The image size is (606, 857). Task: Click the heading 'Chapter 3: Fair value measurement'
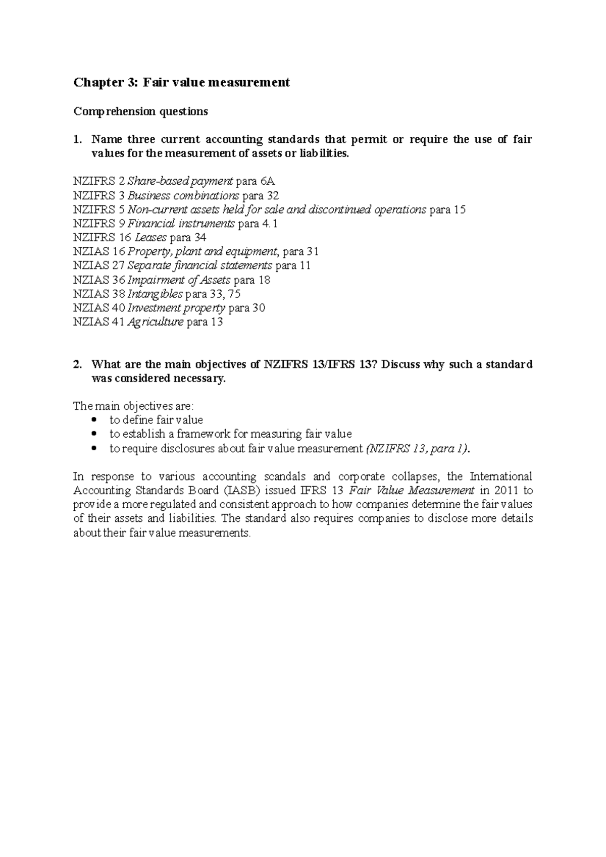pos(182,82)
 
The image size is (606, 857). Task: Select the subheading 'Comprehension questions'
pos(140,112)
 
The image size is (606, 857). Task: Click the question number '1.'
pos(78,139)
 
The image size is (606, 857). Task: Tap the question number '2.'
pos(78,364)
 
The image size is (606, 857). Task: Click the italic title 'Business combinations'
pos(183,195)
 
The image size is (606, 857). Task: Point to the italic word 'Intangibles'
pos(155,294)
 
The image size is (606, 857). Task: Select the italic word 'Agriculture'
pos(155,322)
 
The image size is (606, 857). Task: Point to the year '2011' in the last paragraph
pos(507,491)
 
